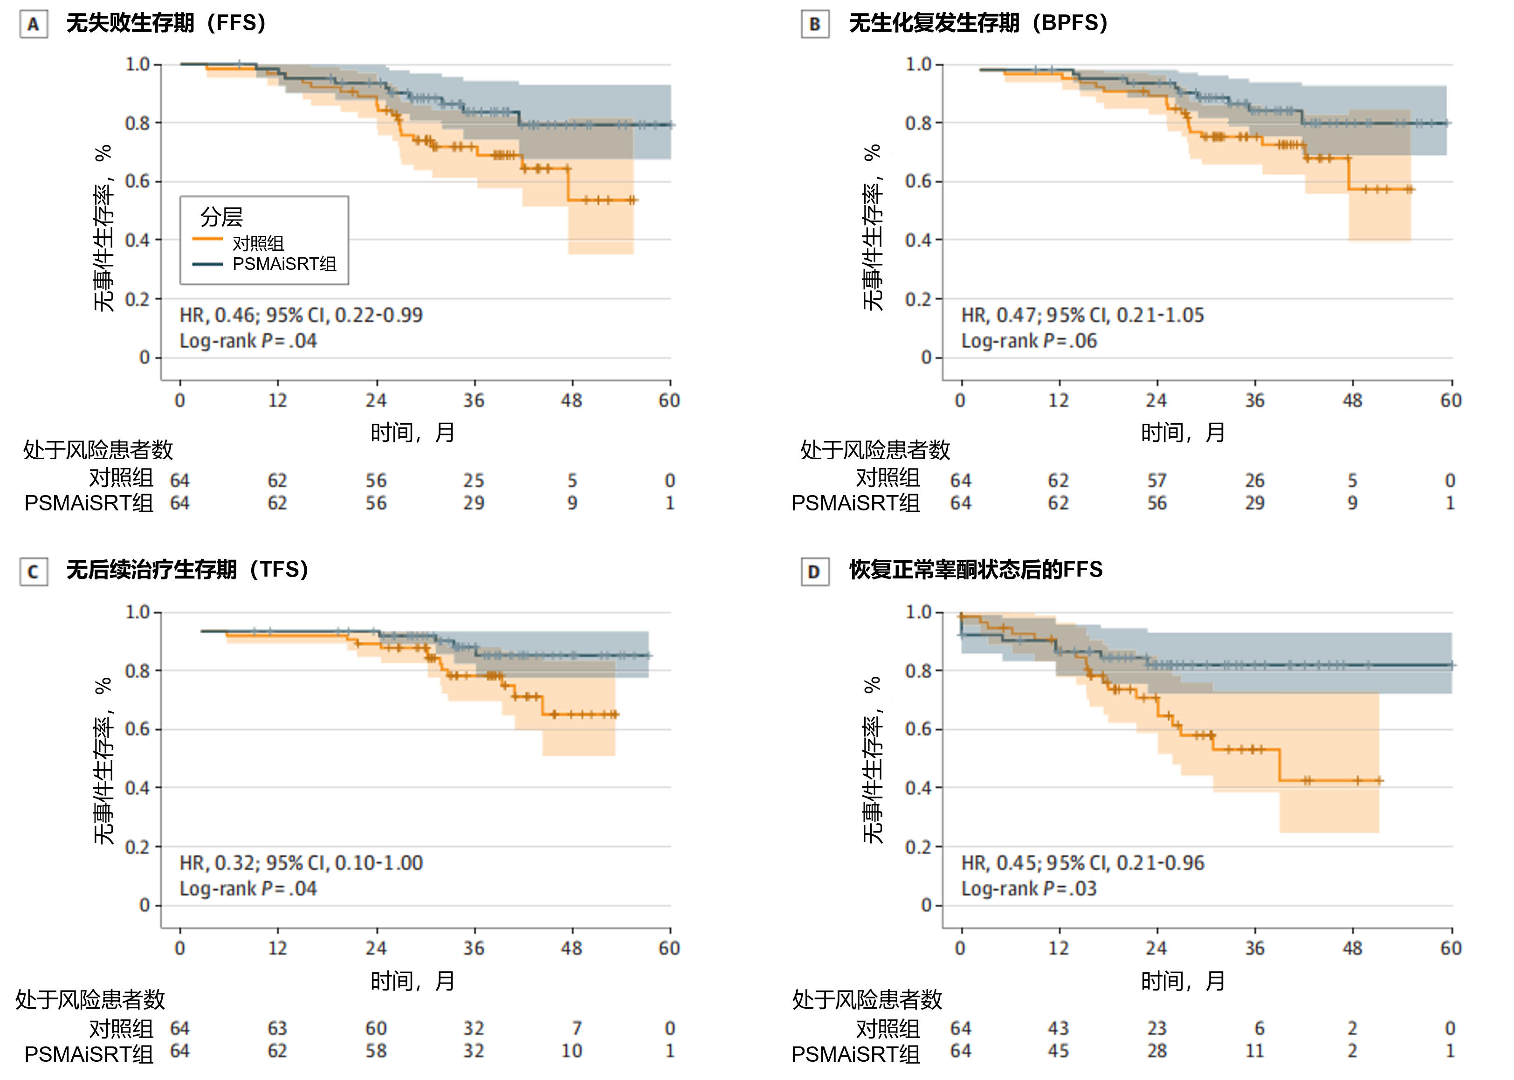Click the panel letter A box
click(x=33, y=25)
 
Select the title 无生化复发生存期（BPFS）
click(x=977, y=23)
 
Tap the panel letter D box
click(x=814, y=572)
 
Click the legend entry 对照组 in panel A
click(x=258, y=243)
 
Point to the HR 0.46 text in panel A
click(x=301, y=315)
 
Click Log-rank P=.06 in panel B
click(x=1029, y=341)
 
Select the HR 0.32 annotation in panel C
click(x=301, y=863)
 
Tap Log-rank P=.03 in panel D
click(x=1029, y=889)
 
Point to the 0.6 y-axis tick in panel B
click(x=918, y=181)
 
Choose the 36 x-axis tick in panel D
click(x=1255, y=949)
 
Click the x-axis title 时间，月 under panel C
click(x=412, y=981)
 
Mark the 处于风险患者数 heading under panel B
click(x=875, y=450)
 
